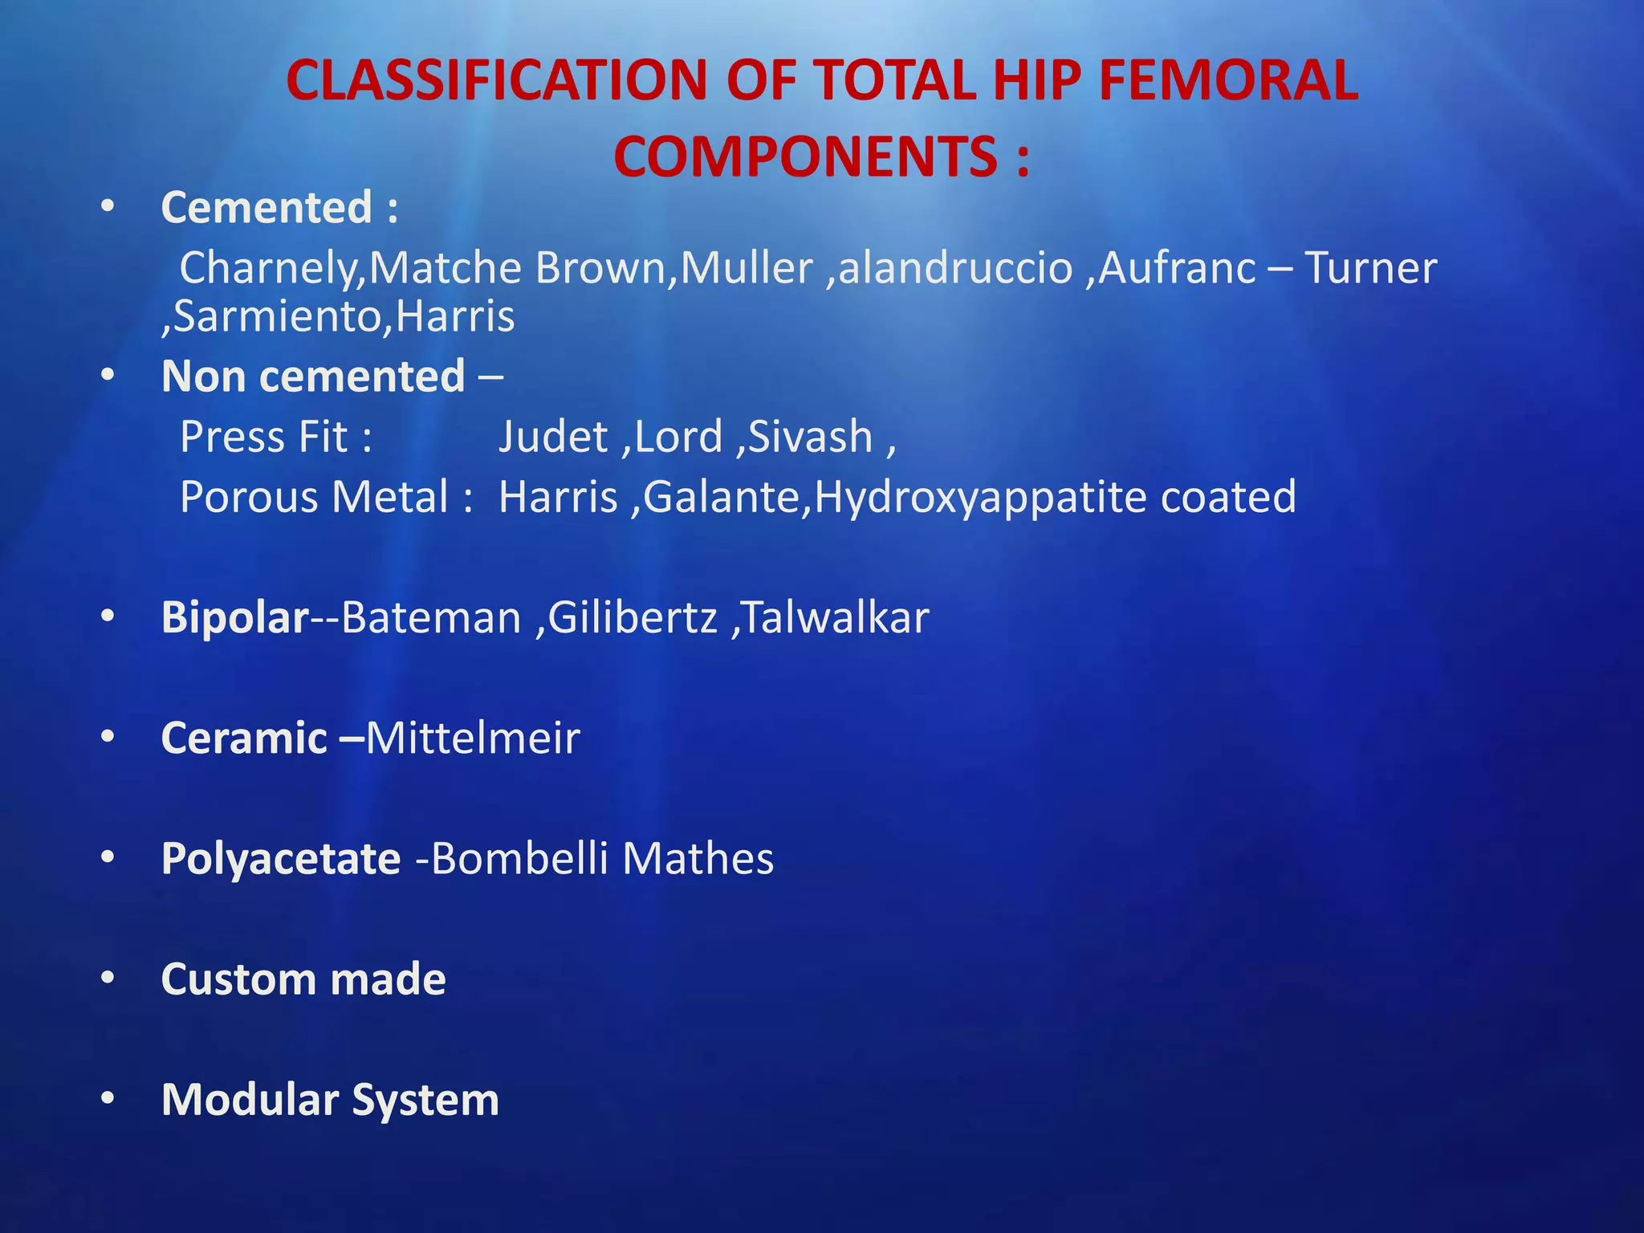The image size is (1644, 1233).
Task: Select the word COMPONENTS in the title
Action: (805, 157)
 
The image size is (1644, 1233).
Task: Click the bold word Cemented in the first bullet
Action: (267, 208)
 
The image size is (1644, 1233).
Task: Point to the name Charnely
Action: (269, 268)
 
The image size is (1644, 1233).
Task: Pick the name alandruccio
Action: (955, 268)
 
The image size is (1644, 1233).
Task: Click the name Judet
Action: (553, 437)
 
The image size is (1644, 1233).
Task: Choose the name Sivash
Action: (810, 437)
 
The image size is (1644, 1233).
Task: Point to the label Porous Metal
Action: (314, 498)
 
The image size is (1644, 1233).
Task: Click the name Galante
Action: (722, 498)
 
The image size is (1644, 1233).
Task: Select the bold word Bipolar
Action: (234, 618)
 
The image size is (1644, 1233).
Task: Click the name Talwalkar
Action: (836, 618)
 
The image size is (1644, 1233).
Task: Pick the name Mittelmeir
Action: (473, 739)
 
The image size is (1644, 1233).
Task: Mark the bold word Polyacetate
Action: (281, 860)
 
